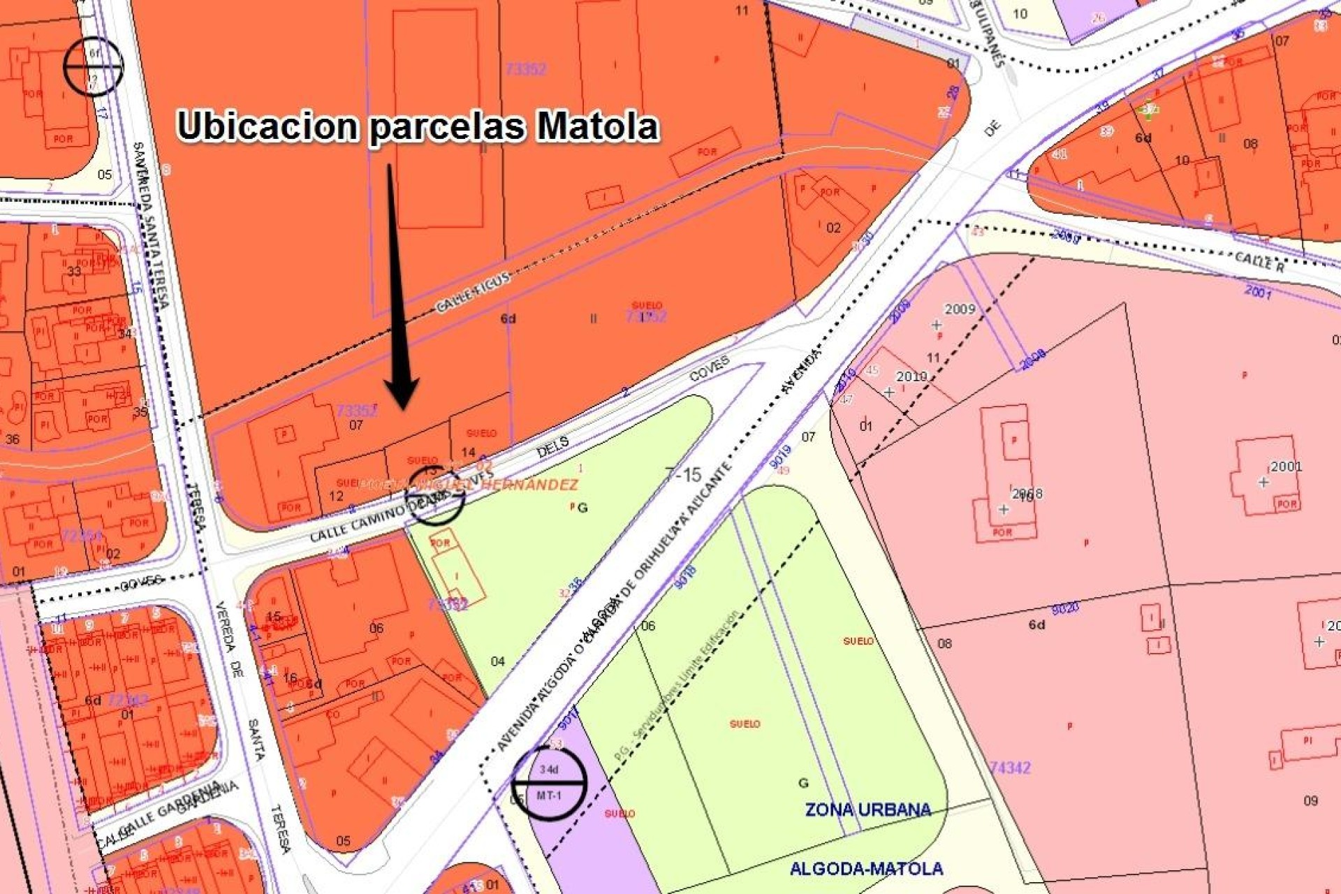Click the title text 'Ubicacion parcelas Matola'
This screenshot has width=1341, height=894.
pos(418,126)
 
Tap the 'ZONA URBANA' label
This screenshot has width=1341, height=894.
pos(867,809)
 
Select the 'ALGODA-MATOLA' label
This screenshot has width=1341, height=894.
pos(866,869)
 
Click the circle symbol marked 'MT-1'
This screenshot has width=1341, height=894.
pos(549,783)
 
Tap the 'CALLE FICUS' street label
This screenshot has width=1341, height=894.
pos(474,292)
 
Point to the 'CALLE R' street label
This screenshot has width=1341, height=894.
pos(1259,262)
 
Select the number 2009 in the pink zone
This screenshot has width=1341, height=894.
pos(960,309)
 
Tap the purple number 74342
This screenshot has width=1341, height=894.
pos(1010,768)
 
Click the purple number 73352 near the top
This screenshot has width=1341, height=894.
pos(525,68)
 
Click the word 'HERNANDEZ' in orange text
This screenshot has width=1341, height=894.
pos(530,484)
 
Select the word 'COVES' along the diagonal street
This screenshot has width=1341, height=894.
pos(710,368)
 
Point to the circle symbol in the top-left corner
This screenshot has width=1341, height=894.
pos(93,66)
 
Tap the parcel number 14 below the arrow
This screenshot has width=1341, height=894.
pos(469,452)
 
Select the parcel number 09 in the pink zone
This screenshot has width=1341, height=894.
pos(1310,800)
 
